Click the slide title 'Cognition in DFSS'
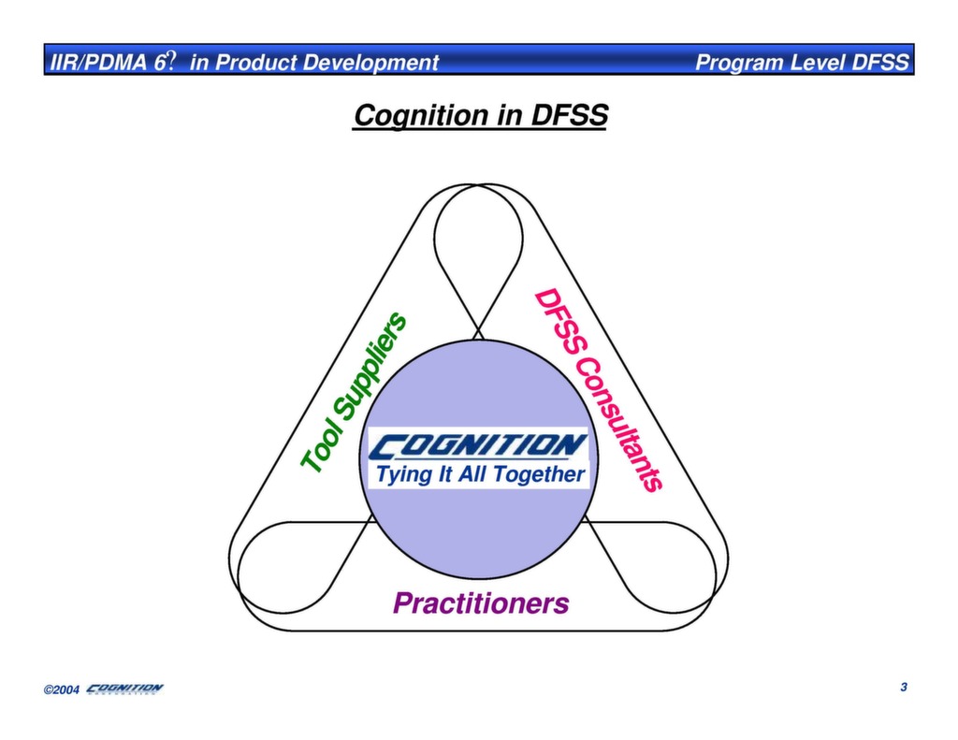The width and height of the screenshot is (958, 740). pyautogui.click(x=480, y=116)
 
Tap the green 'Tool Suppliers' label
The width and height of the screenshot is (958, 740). pyautogui.click(x=355, y=392)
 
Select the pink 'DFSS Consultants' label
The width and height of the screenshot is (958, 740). pyautogui.click(x=598, y=390)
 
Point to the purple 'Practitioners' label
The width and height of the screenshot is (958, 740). pyautogui.click(x=480, y=604)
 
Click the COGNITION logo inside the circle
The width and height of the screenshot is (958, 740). pyautogui.click(x=478, y=445)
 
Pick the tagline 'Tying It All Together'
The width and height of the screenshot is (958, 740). pyautogui.click(x=479, y=475)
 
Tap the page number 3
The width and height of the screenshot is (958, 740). pyautogui.click(x=904, y=688)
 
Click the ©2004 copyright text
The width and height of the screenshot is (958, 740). pyautogui.click(x=62, y=690)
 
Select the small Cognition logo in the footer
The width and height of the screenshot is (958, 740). pyautogui.click(x=124, y=689)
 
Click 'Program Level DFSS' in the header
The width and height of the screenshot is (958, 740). pyautogui.click(x=802, y=63)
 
